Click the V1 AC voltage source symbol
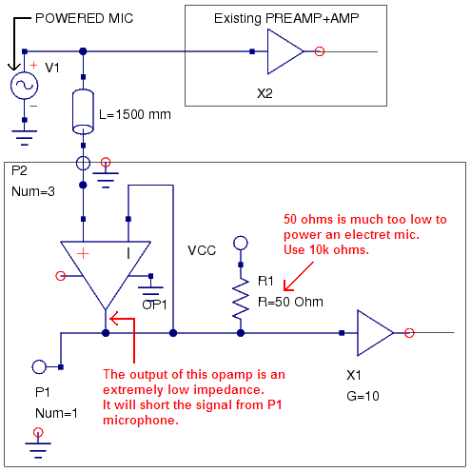coord(24,86)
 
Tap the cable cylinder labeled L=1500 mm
coord(83,111)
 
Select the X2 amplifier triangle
coord(285,51)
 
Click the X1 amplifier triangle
coord(375,333)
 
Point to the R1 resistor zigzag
coord(241,298)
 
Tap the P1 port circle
coord(39,367)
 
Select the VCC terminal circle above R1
coord(241,244)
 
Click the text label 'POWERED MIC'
coord(84,18)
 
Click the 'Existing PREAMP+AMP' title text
coord(286,18)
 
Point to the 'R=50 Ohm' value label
coord(290,302)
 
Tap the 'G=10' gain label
coord(363,396)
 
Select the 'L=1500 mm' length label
coord(135,114)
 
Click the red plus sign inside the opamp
coord(83,253)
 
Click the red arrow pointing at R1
coord(299,276)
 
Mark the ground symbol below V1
coord(25,138)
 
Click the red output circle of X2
coord(320,51)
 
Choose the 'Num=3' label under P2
coord(33,191)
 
